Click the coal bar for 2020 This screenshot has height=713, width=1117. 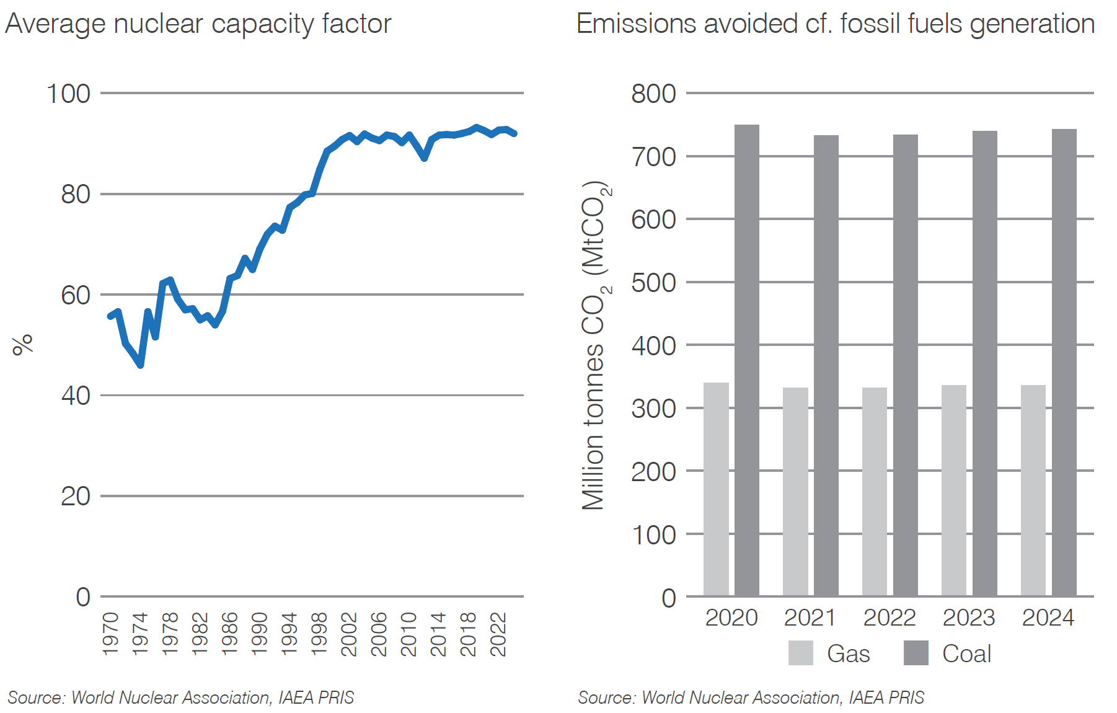click(747, 360)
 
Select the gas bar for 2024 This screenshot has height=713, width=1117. click(1033, 490)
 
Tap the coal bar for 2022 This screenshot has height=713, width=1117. click(905, 365)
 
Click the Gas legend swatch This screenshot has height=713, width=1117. click(800, 653)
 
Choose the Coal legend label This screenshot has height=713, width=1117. click(966, 653)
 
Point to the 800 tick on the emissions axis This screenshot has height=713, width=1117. click(653, 94)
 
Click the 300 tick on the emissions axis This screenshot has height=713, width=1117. click(653, 409)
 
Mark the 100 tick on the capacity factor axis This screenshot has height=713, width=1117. click(68, 94)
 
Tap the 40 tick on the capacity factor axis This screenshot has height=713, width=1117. click(76, 395)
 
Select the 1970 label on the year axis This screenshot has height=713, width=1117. click(110, 634)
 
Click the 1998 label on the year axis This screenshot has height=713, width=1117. click(319, 634)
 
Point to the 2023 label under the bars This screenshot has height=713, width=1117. click(968, 618)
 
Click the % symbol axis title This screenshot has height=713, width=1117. click(23, 344)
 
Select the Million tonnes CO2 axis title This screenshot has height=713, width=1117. click(595, 345)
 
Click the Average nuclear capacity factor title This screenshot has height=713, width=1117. click(198, 24)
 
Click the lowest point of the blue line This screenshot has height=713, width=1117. click(141, 365)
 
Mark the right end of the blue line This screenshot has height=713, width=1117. click(514, 133)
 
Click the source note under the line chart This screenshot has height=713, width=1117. click(180, 697)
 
